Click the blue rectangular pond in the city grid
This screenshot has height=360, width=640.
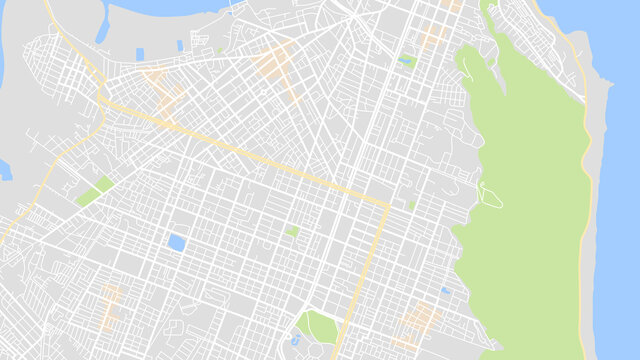177,242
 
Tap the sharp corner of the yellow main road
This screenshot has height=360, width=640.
385,206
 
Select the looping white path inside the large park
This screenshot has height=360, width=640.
489,192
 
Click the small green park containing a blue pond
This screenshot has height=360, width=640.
406,61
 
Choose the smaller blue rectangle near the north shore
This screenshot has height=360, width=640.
180,45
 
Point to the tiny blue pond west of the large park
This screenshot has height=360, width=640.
445,291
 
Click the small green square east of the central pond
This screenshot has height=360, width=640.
293,231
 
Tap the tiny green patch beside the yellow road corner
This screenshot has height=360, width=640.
411,204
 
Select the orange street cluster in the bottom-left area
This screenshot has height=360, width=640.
111,304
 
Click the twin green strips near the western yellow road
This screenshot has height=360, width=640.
94,191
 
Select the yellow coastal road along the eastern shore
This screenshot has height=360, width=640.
586,200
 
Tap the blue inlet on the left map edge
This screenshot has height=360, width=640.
4,170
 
